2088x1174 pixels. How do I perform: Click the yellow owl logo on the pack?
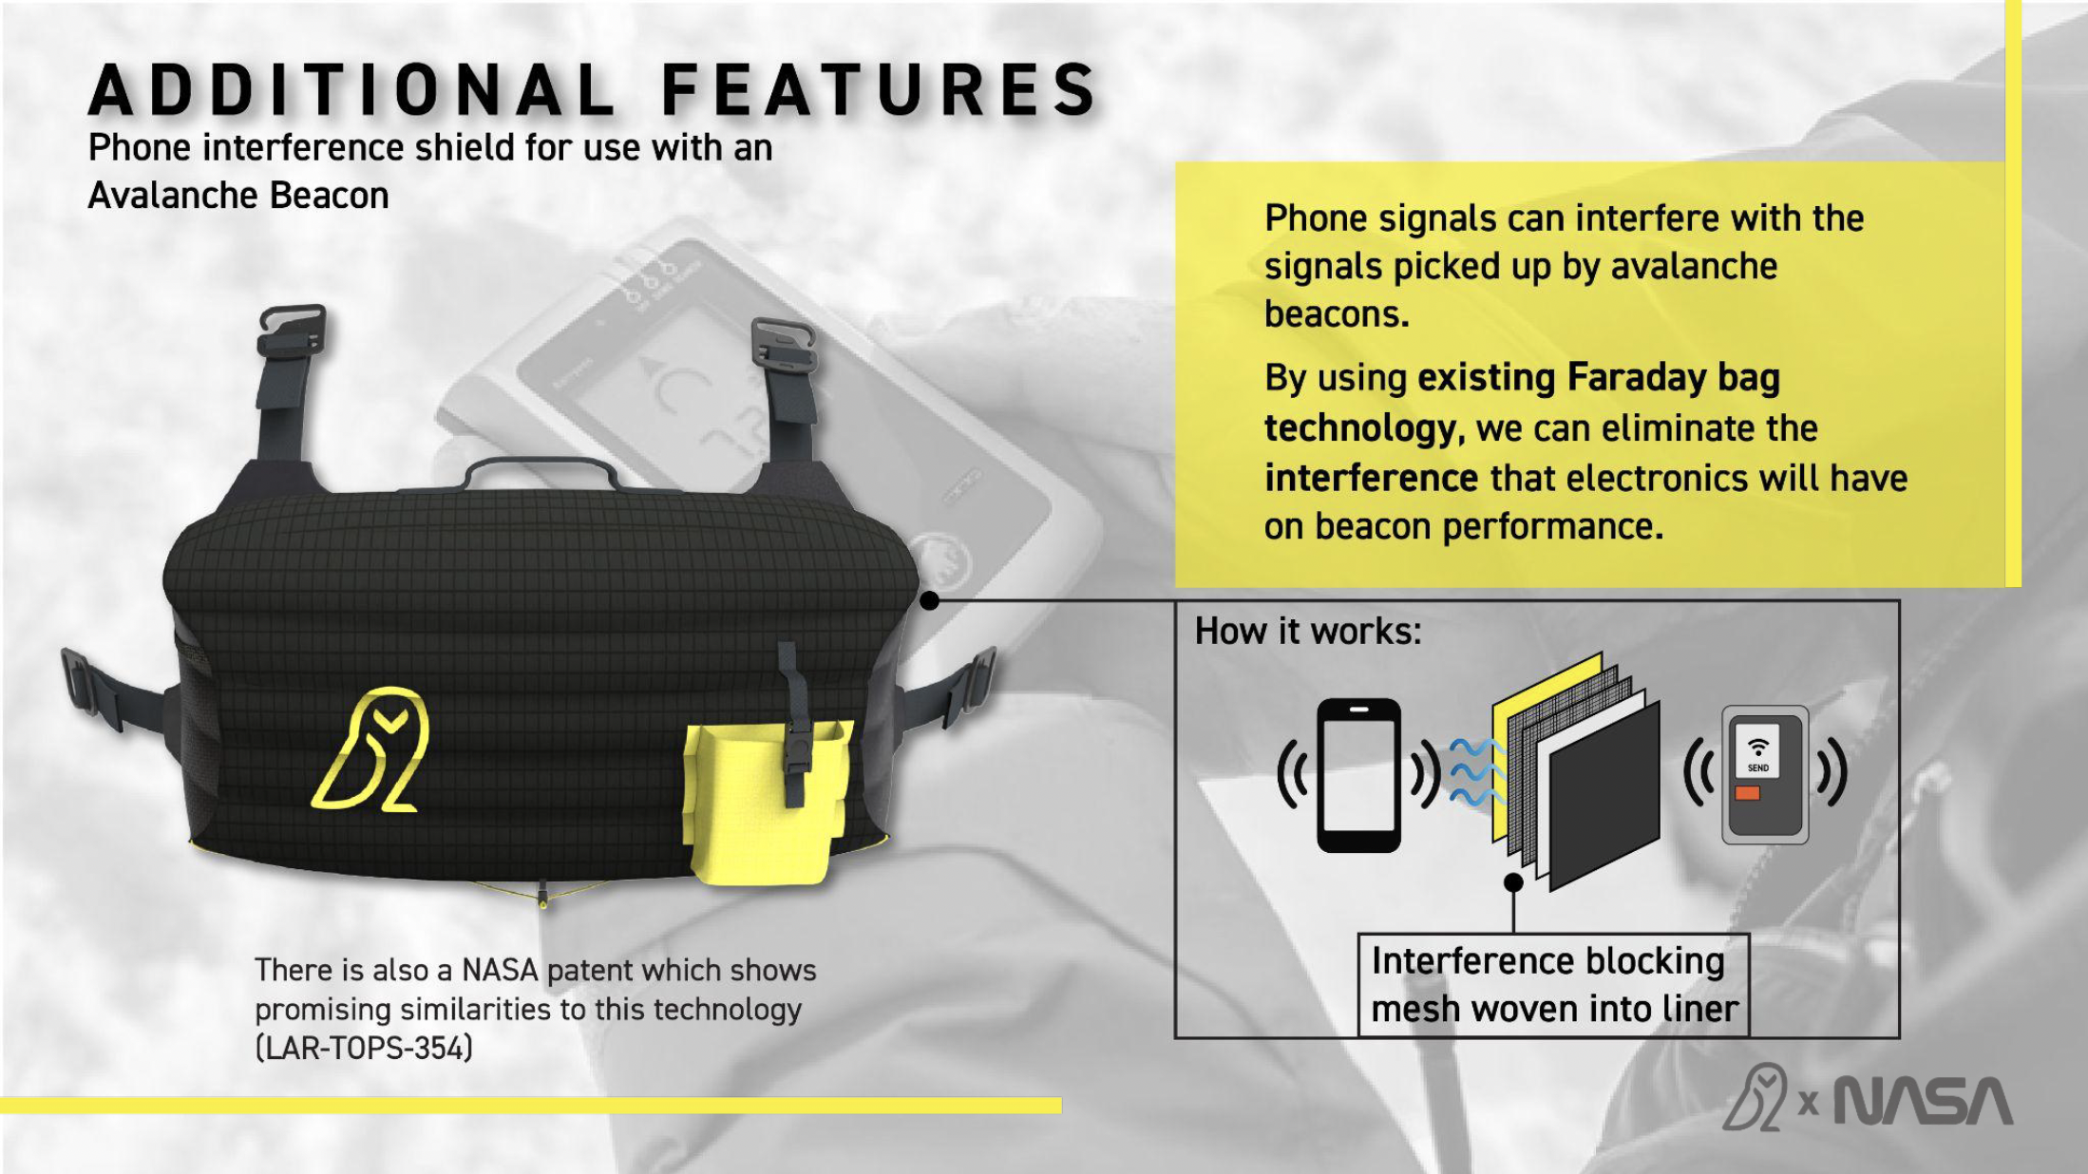[372, 749]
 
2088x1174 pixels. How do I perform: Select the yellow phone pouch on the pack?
[760, 807]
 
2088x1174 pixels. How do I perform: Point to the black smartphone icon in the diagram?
[1358, 774]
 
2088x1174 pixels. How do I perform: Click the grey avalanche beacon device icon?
[1765, 774]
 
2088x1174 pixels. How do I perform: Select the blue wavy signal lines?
[1474, 771]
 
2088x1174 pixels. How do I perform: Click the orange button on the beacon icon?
[1747, 793]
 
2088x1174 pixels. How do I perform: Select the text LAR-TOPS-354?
[364, 1048]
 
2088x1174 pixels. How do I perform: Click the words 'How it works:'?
[1308, 631]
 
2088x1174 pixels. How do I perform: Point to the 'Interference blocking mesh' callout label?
[1554, 985]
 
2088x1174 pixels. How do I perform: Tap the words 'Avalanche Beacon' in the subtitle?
[238, 196]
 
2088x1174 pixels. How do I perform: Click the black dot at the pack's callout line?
[930, 600]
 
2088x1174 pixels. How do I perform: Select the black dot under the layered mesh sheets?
[1513, 882]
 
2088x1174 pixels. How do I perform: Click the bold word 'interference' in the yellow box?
[1371, 478]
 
